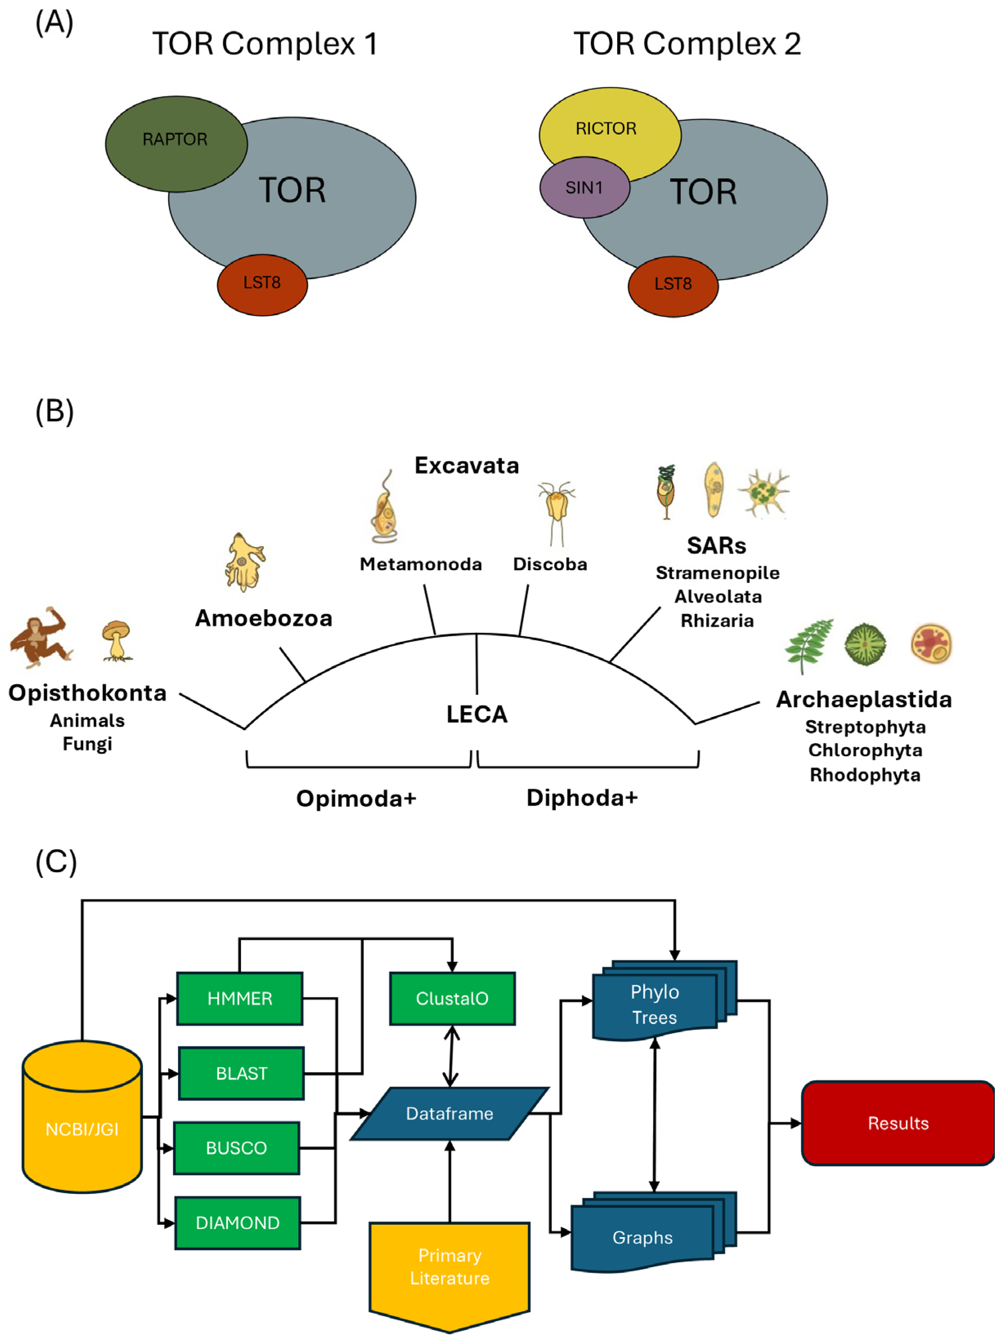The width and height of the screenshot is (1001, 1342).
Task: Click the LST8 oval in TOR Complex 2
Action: click(673, 285)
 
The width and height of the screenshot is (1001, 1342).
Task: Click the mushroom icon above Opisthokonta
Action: click(116, 640)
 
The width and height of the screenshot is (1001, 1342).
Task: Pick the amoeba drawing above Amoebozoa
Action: click(245, 563)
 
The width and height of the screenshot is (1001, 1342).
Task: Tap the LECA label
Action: click(477, 714)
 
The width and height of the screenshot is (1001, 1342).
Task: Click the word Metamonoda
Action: click(421, 564)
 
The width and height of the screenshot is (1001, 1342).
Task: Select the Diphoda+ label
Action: click(582, 798)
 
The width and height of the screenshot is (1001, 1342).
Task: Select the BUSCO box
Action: click(236, 1148)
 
